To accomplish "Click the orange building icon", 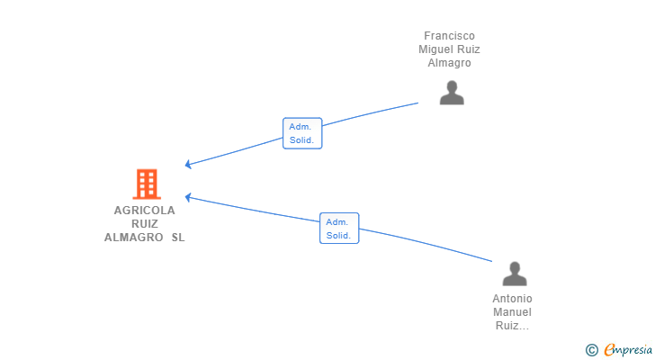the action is [x=147, y=184].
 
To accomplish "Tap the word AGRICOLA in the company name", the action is [x=145, y=210].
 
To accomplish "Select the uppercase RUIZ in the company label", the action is [x=145, y=224].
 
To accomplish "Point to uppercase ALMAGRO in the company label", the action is [x=134, y=238].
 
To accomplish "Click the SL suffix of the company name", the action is [x=178, y=238].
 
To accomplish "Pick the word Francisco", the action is [x=450, y=36].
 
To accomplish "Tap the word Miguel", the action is [x=435, y=49].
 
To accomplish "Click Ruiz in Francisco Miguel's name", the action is [x=468, y=49].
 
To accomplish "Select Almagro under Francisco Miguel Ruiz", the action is [x=450, y=63].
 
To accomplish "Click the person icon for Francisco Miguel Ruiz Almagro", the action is [x=452, y=93].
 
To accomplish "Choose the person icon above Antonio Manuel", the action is [x=515, y=274].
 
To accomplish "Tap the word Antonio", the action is [x=512, y=299].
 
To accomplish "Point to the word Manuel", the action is [x=512, y=312].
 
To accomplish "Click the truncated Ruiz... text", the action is [x=512, y=326].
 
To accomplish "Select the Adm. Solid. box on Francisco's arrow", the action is [x=302, y=133].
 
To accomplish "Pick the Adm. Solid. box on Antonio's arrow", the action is [x=339, y=228].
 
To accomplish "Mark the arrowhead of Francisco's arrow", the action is [x=185, y=165].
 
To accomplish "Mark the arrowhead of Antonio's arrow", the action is [x=185, y=197].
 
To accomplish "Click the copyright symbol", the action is [x=591, y=350].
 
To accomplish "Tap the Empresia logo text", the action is [x=628, y=349].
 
